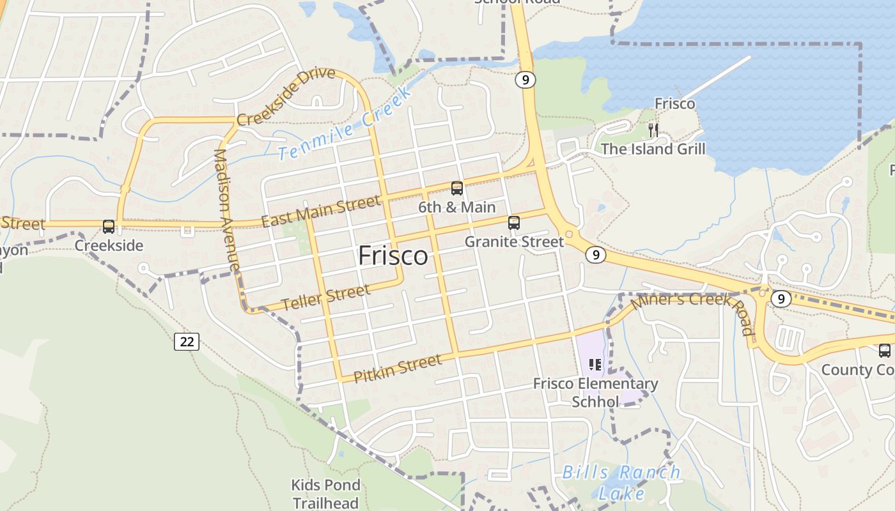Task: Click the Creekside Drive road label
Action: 286,96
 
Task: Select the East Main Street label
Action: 321,211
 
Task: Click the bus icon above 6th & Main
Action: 457,188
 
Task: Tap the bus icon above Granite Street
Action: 514,223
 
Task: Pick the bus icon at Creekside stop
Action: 109,227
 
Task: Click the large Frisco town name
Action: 393,256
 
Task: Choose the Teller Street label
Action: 326,298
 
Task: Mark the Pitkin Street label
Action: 398,369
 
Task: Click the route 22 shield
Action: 187,342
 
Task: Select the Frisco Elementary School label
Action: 596,392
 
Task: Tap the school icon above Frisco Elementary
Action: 595,365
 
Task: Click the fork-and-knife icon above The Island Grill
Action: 653,130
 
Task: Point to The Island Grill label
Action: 653,149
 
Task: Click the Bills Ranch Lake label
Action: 621,482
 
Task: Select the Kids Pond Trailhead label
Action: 326,494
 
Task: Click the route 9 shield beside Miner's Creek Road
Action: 781,298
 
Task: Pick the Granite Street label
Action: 515,241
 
